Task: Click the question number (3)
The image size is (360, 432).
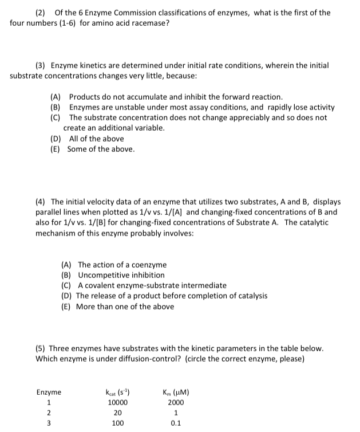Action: (41, 65)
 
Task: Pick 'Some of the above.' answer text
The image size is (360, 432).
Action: (101, 149)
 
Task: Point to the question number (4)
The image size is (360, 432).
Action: (41, 202)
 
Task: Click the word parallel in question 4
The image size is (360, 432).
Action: (50, 212)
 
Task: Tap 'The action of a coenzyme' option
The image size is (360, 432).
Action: (122, 265)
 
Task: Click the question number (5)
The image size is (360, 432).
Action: (41, 348)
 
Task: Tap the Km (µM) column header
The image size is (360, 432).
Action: (176, 392)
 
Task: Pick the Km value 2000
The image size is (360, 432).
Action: (176, 403)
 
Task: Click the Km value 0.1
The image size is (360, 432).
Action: (176, 424)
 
